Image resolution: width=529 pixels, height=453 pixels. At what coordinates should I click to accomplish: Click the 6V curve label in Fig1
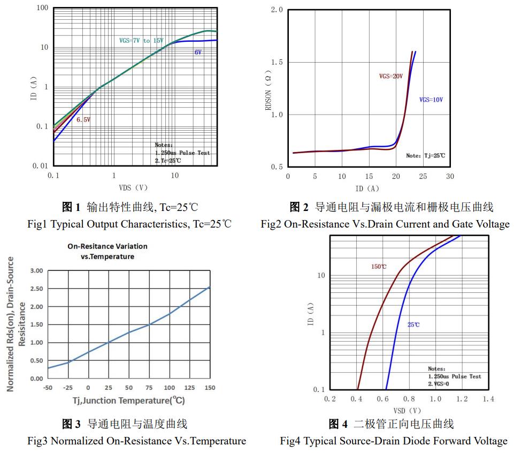tap(198, 52)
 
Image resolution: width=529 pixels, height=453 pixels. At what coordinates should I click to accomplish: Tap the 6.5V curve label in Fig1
tap(83, 120)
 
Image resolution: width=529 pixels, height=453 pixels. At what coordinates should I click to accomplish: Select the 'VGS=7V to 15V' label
tap(141, 41)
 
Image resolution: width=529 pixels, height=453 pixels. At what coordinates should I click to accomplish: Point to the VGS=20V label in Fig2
tap(390, 77)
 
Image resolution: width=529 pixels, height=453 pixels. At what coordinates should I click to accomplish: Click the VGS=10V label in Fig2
tap(431, 100)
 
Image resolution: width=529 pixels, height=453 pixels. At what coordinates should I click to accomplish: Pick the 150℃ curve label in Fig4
tap(379, 267)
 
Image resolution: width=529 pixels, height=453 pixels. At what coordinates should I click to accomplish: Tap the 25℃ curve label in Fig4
tap(413, 325)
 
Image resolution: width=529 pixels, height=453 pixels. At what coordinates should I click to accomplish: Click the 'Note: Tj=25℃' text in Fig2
tap(425, 156)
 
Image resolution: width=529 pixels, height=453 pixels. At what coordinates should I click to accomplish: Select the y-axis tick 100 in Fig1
tap(43, 8)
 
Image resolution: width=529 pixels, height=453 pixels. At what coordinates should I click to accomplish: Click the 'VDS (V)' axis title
tap(133, 188)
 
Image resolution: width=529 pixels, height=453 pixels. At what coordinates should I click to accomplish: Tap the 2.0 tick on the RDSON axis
tap(277, 10)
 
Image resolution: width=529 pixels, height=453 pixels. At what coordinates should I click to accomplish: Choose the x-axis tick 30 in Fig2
tap(450, 177)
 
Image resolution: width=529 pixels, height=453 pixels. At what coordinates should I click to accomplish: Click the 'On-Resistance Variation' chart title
tap(108, 246)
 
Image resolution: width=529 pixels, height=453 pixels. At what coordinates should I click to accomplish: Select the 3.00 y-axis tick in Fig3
tap(36, 271)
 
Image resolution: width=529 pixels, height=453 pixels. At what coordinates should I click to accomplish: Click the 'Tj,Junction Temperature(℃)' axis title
tap(128, 401)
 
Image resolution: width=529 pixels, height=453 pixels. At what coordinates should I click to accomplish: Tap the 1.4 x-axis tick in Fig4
tap(488, 399)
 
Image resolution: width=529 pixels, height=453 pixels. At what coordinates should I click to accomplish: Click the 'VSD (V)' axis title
tap(407, 411)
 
